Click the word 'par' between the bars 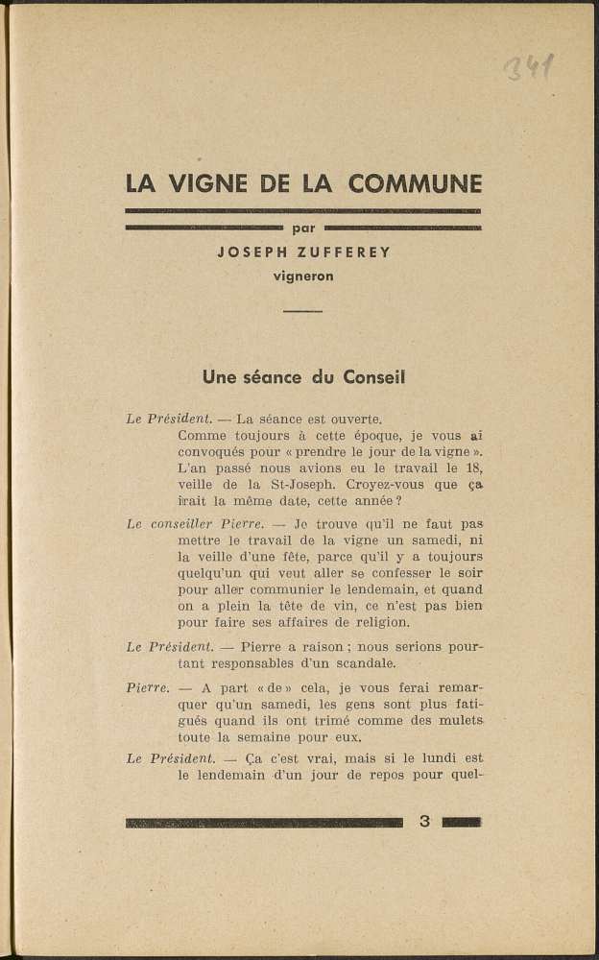click(303, 228)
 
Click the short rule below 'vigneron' click(303, 312)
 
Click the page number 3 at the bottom click(423, 822)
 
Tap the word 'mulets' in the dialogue click(461, 720)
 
